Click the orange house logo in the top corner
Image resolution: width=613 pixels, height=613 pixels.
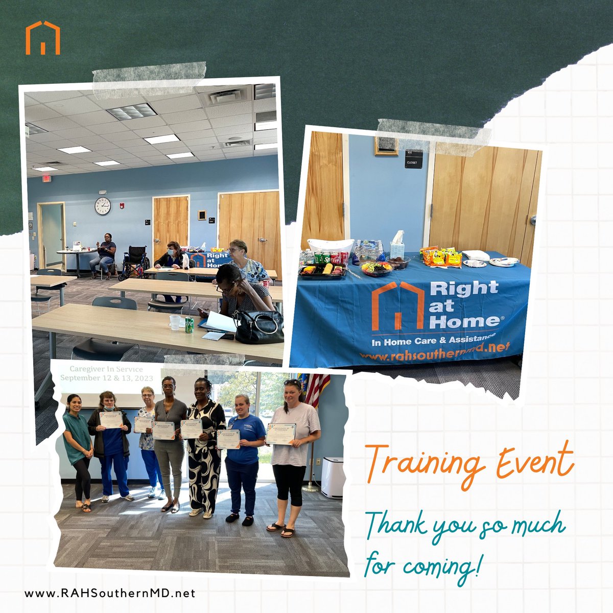[x=43, y=38]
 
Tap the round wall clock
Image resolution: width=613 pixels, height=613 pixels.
[x=102, y=206]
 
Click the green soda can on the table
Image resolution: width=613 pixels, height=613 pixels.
[x=190, y=325]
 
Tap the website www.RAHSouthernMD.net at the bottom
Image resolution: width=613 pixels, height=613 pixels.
[x=110, y=594]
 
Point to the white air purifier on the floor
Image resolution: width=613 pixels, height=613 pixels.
[x=332, y=476]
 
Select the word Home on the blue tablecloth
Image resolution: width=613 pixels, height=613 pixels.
[x=463, y=321]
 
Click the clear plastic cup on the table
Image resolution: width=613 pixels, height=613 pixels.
[x=175, y=322]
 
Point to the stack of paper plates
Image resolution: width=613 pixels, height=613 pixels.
[x=503, y=261]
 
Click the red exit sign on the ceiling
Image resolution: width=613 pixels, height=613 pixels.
[x=45, y=178]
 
